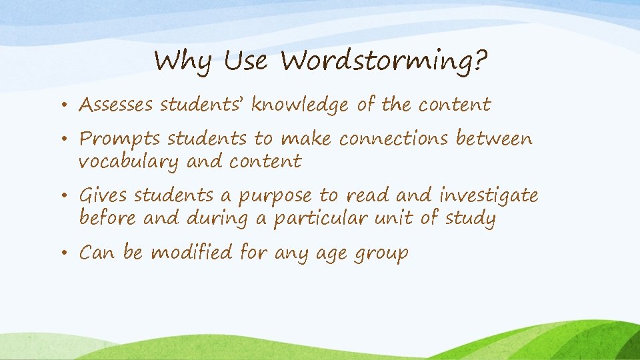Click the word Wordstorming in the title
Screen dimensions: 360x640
384,63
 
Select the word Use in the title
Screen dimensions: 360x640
245,62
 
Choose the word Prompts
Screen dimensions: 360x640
120,139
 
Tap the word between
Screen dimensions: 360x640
494,139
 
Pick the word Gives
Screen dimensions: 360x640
104,196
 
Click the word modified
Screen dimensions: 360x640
200,253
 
